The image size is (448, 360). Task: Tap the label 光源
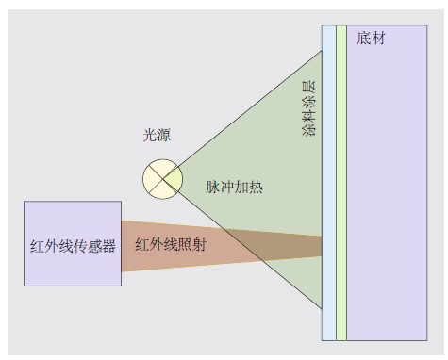[x=158, y=137]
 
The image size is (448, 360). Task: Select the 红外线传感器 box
[x=73, y=242]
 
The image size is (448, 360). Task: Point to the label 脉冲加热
[x=234, y=187]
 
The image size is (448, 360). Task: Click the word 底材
[x=372, y=39]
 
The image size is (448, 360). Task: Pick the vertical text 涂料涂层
[x=307, y=109]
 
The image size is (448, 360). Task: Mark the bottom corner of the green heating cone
[x=322, y=308]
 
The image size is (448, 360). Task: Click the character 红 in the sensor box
[x=38, y=246]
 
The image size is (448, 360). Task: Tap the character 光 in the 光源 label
[x=149, y=137]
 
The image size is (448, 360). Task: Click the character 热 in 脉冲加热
[x=256, y=187]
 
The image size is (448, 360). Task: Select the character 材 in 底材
[x=378, y=39]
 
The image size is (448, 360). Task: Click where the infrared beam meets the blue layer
[x=322, y=246]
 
